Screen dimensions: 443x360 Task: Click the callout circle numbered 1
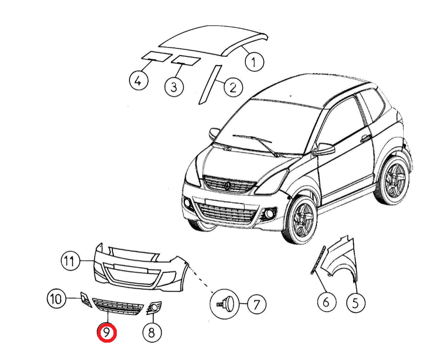click(254, 62)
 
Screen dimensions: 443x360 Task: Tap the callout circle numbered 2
click(233, 87)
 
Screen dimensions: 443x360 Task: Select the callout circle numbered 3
click(174, 86)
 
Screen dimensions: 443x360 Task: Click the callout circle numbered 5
click(356, 303)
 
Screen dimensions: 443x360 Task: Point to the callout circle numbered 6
click(327, 302)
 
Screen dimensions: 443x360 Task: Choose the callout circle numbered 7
click(256, 304)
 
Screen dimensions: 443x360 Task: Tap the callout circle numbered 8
click(152, 332)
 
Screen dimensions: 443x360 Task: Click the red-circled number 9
click(107, 332)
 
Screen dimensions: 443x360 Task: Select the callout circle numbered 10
click(56, 298)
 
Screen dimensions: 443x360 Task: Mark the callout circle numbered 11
click(70, 260)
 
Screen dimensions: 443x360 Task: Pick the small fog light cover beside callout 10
click(85, 299)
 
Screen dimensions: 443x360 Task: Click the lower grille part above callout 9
click(118, 306)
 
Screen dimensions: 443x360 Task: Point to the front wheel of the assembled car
click(300, 219)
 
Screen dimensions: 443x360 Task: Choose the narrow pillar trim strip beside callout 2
click(210, 85)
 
